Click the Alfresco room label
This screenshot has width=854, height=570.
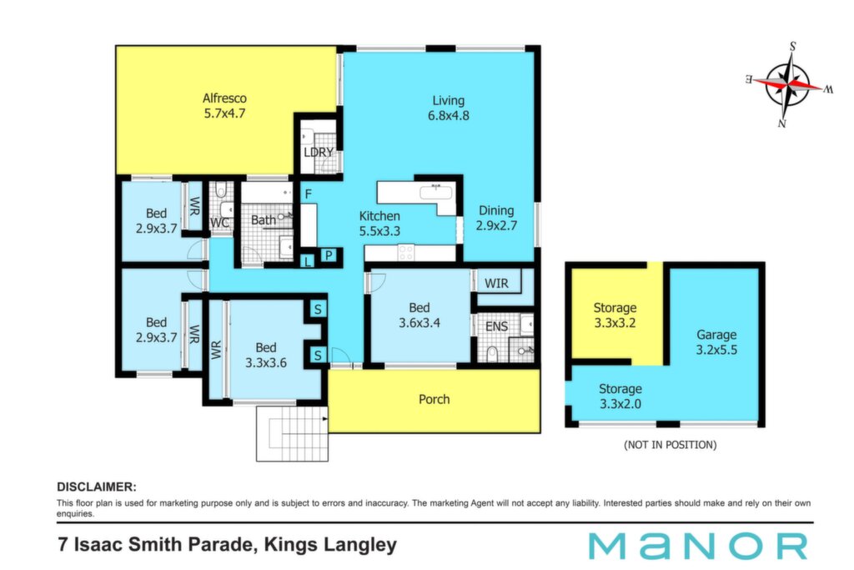(224, 106)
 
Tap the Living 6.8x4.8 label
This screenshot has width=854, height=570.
(448, 108)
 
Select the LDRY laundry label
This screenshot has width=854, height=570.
(319, 152)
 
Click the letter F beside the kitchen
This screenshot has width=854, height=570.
(309, 194)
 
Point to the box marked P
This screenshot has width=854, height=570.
(329, 255)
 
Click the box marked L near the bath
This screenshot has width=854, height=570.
(308, 261)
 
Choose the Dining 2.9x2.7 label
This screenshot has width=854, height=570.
(496, 218)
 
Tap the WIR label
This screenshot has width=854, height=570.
(496, 284)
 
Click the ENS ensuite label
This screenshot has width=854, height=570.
(496, 326)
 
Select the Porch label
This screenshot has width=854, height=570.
(434, 400)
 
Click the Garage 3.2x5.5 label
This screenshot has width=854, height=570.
(716, 342)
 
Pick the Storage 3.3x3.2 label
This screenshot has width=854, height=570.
(615, 315)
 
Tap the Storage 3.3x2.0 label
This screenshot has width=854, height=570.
(620, 396)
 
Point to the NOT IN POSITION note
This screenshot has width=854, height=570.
(670, 445)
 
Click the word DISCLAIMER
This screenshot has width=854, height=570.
(97, 487)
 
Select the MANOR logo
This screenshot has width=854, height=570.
(698, 546)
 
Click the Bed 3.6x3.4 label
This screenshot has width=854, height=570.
(419, 315)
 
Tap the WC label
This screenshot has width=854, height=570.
(219, 223)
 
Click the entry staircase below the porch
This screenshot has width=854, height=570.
(293, 434)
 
